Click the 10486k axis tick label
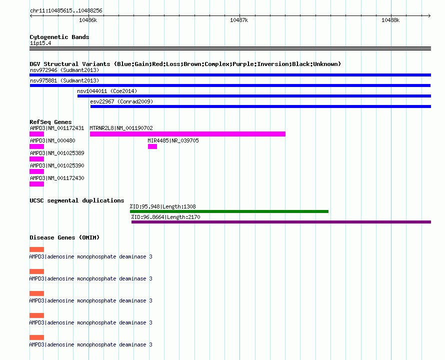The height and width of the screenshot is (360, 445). (88, 20)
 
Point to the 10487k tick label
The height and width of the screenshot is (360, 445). (239, 20)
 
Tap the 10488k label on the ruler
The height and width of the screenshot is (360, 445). (390, 20)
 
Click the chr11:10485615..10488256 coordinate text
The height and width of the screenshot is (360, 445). (66, 11)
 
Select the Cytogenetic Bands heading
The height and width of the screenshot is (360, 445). (59, 37)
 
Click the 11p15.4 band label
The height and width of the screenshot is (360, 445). (40, 43)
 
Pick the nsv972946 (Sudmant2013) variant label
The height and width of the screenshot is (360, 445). (64, 70)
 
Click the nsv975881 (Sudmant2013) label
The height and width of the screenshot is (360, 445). (64, 80)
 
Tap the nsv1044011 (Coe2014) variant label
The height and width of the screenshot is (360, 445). (107, 91)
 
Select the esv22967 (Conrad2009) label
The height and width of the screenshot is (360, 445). (121, 101)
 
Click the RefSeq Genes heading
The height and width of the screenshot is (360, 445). (50, 122)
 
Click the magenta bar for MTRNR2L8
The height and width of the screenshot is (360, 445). (187, 134)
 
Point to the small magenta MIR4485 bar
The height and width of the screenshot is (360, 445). (152, 146)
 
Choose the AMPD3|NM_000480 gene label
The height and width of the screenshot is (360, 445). (52, 140)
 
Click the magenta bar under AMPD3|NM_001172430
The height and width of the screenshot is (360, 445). (37, 184)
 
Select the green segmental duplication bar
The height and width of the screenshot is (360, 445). (229, 211)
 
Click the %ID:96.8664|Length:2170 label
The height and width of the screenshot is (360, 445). (165, 217)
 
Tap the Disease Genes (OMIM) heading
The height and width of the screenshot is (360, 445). (64, 237)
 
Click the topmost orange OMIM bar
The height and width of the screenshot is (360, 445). (37, 249)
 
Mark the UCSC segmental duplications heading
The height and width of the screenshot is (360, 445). (77, 200)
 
